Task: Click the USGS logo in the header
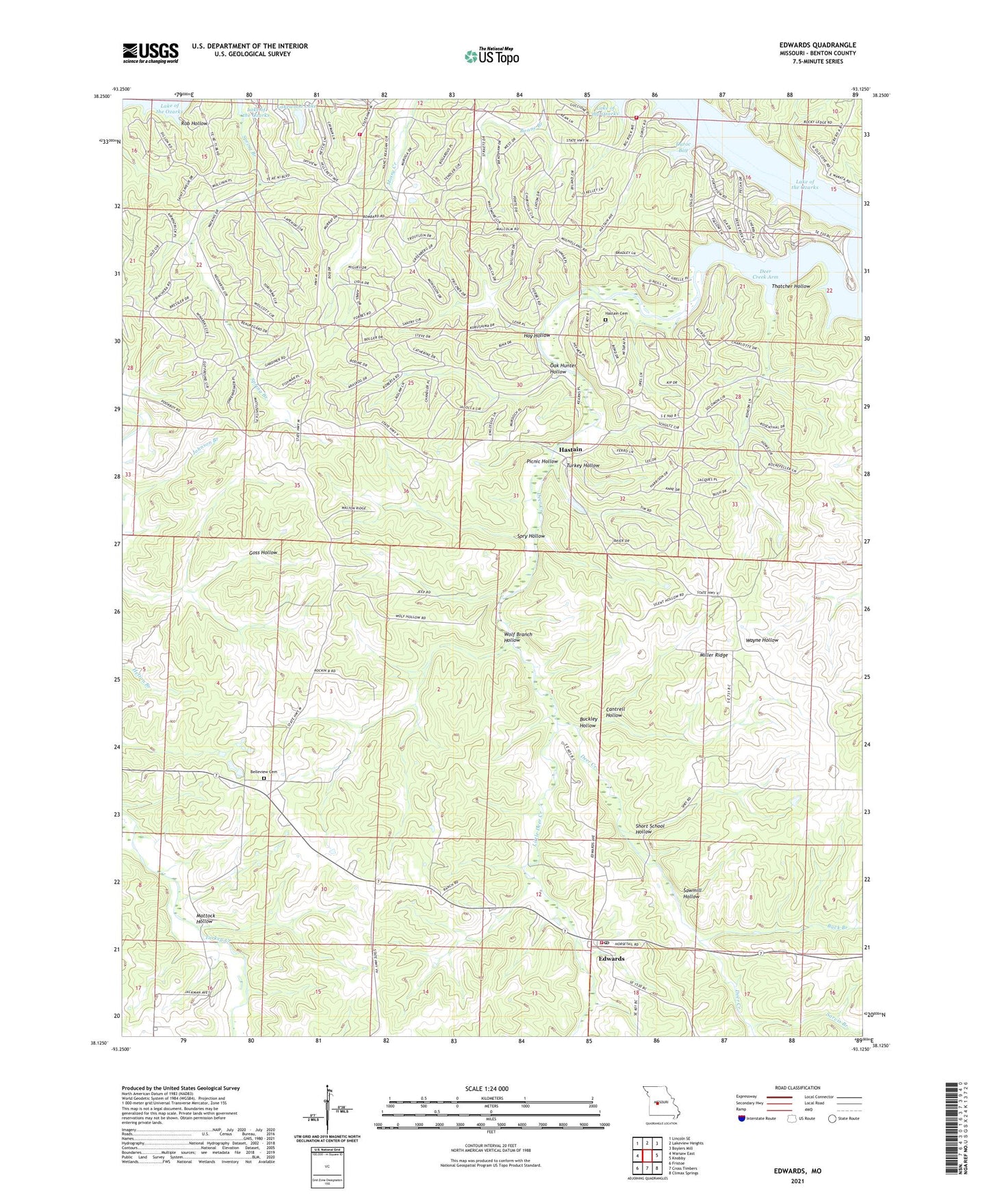(x=151, y=53)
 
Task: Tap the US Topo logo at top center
(x=491, y=56)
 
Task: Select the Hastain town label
(x=570, y=449)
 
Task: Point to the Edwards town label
(x=611, y=958)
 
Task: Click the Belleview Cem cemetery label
(x=264, y=772)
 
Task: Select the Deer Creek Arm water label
(x=765, y=274)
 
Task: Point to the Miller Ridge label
(x=713, y=655)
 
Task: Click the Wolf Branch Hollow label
(x=517, y=637)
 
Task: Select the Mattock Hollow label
(x=205, y=918)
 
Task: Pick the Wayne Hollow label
(x=762, y=640)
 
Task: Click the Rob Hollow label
(x=194, y=123)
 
